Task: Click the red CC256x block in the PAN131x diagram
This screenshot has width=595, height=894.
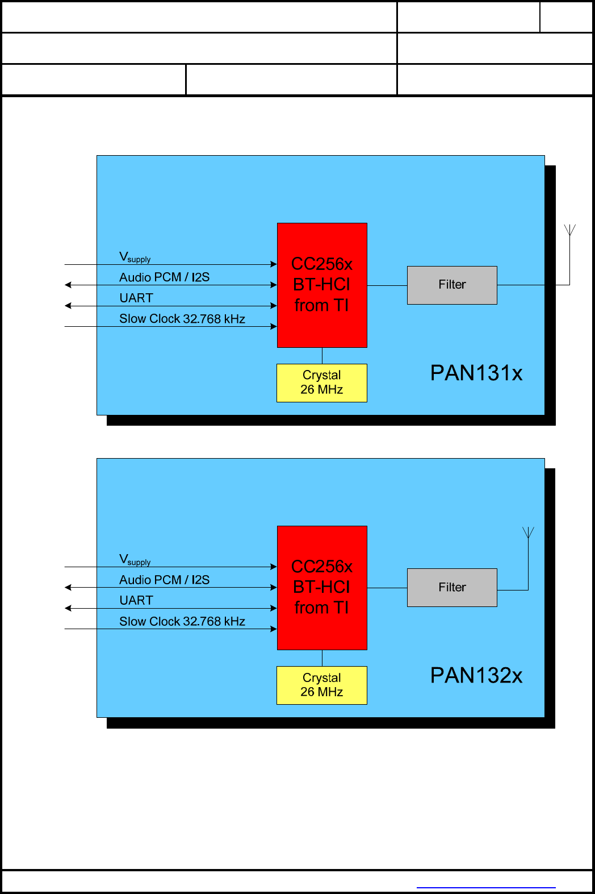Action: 322,285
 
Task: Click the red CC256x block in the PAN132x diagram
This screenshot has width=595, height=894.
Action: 322,587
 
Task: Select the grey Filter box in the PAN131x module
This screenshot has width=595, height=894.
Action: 452,285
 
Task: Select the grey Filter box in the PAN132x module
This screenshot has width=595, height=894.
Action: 452,587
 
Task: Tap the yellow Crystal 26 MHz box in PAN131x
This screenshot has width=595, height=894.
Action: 322,382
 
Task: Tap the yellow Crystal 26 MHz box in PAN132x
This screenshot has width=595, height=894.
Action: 322,685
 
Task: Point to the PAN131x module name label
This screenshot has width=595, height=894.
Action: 476,373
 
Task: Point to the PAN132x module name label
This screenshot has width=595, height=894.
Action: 476,675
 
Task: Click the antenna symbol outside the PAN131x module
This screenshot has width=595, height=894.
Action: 569,230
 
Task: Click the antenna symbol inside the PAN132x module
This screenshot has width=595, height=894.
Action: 528,533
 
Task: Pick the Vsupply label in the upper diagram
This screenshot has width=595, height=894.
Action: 135,257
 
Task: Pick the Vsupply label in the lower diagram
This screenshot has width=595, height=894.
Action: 135,560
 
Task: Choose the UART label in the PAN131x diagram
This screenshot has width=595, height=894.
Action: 136,298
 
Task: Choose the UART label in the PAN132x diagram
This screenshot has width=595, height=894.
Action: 136,600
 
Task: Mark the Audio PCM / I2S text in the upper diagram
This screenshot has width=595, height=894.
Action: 164,277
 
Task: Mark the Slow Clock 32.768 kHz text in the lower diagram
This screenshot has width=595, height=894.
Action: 182,621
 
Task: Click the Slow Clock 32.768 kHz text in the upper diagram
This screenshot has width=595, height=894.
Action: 182,319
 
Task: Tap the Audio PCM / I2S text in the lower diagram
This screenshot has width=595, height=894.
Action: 164,580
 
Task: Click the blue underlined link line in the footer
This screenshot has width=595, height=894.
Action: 486,887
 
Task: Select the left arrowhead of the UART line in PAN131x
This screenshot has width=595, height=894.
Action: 68,306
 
